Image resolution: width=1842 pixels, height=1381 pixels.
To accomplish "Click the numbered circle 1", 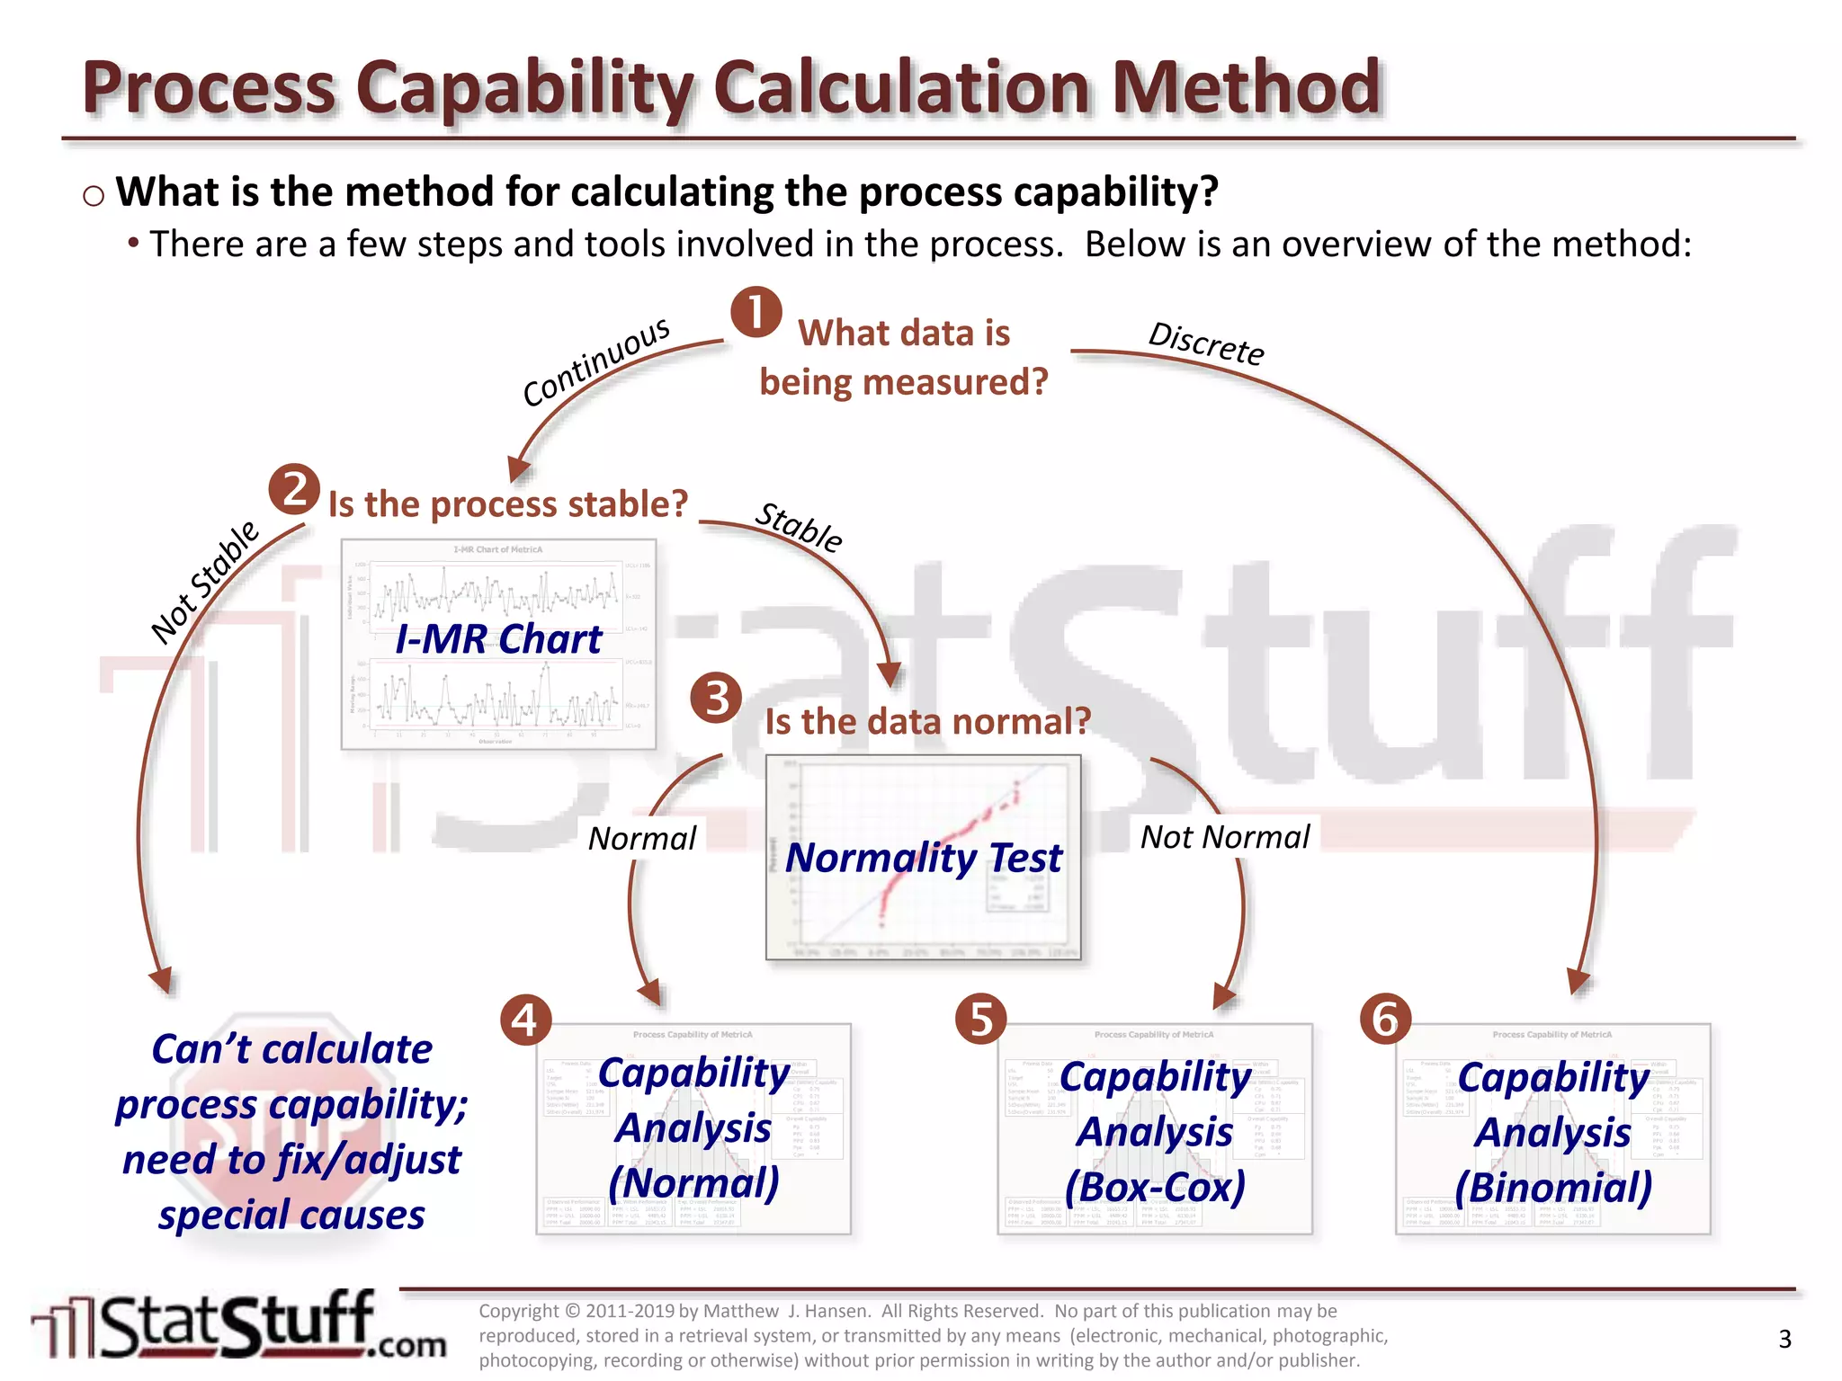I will click(756, 312).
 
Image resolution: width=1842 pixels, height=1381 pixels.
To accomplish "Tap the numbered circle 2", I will click(294, 489).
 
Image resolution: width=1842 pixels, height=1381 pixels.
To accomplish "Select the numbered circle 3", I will click(716, 698).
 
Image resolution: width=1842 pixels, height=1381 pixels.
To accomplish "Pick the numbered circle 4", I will click(525, 1020).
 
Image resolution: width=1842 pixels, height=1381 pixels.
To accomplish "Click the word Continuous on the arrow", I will click(596, 361).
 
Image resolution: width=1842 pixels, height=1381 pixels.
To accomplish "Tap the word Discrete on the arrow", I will click(1206, 343).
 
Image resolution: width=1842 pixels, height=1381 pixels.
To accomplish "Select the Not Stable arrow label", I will click(205, 583).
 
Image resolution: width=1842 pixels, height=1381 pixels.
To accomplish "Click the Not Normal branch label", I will click(1225, 837).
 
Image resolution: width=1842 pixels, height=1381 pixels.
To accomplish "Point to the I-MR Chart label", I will click(498, 639).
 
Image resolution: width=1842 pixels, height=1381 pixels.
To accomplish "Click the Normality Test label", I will click(924, 857).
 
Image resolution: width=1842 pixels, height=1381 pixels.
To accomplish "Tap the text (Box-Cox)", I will click(1156, 1187).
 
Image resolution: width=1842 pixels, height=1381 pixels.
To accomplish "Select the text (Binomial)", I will click(1553, 1187).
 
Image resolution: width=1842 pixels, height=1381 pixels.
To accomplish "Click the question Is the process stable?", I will click(508, 504).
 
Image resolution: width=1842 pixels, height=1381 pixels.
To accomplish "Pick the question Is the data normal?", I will click(927, 721).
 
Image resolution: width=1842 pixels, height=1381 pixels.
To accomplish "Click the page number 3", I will click(1784, 1340).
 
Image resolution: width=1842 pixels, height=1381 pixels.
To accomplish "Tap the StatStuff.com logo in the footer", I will click(238, 1326).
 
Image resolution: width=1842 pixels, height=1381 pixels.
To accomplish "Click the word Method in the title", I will click(1247, 87).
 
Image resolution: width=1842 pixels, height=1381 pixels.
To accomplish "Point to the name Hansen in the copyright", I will click(814, 1311).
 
